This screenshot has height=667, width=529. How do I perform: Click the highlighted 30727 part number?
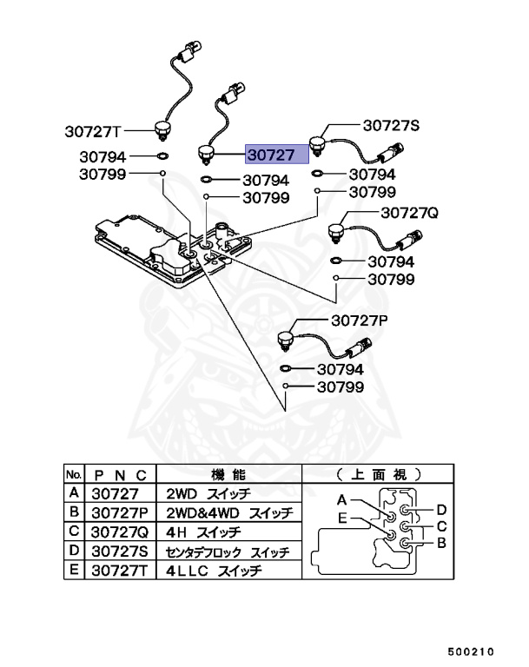276,155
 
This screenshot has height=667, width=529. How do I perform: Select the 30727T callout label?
91,132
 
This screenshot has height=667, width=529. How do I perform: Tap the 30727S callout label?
390,126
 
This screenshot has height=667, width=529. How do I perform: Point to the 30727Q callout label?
407,213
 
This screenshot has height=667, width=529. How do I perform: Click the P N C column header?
121,474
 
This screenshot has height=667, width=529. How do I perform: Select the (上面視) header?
378,474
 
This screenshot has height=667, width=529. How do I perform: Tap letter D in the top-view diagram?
440,509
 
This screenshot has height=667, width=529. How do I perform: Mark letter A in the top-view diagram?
342,500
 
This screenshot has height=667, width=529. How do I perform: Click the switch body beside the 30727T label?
162,130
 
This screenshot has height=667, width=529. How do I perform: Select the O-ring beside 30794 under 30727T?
162,157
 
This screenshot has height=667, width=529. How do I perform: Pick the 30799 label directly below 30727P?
340,386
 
